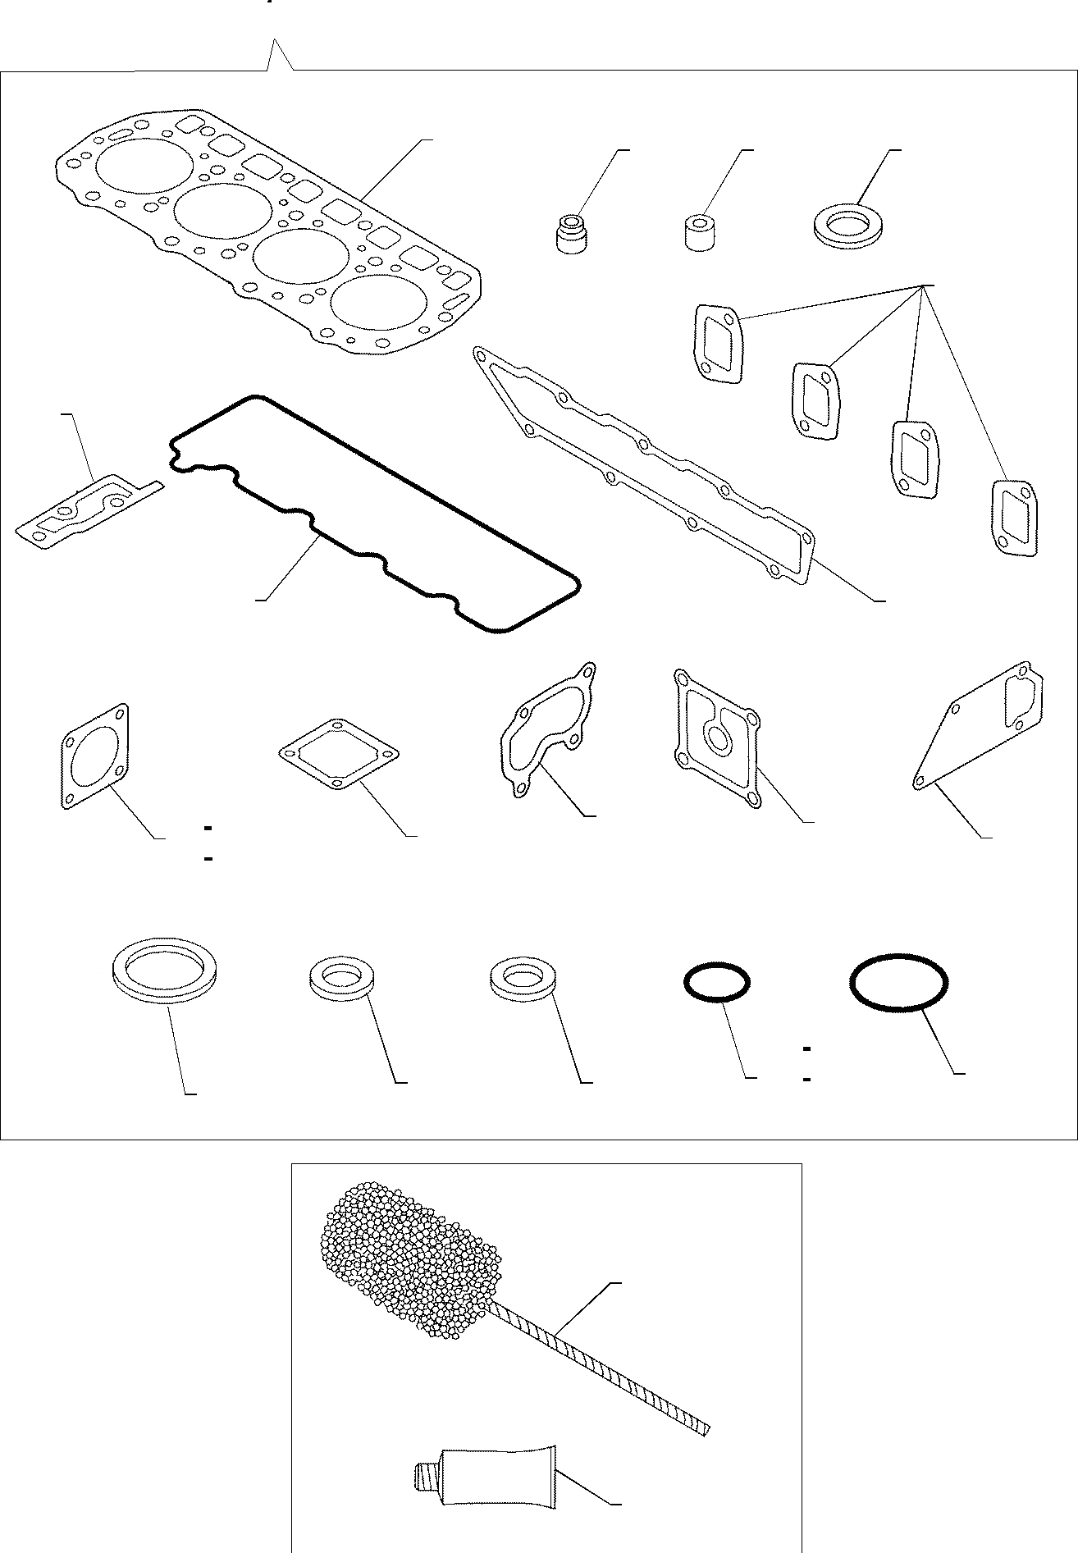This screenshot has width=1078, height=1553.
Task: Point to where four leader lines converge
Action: click(x=924, y=285)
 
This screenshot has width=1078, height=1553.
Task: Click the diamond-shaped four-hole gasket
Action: click(x=339, y=754)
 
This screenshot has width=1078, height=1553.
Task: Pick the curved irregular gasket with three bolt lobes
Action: click(x=547, y=731)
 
